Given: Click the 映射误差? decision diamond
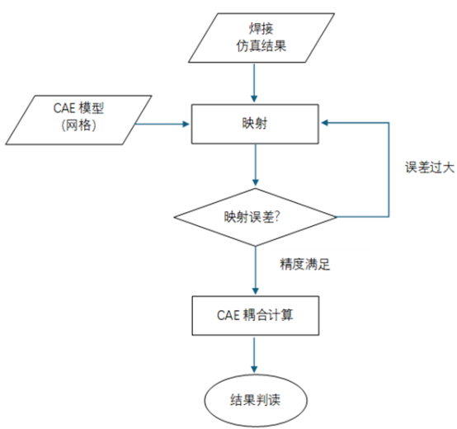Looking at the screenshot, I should point(255,217).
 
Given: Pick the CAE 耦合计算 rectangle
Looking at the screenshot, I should point(254,314).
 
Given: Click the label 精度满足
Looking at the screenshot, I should point(305,266).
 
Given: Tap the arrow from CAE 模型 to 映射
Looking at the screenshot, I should point(163,125).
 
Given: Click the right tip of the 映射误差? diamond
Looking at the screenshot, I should point(335,217).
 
